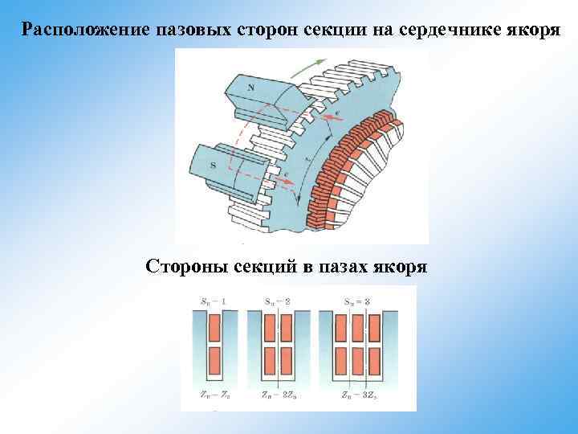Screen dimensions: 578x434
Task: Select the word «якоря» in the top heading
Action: tap(535, 31)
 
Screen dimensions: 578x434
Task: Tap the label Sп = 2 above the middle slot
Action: tap(277, 301)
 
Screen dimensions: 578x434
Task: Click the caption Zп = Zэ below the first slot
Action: tap(214, 395)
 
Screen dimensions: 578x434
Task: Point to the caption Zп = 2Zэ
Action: tap(278, 395)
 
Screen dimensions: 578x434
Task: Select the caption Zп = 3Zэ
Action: tap(358, 395)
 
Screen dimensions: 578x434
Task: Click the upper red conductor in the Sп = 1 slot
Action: tap(214, 327)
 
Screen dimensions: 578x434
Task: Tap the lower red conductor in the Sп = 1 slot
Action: tap(214, 358)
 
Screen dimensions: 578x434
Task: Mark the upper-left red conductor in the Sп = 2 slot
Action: tap(269, 327)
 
